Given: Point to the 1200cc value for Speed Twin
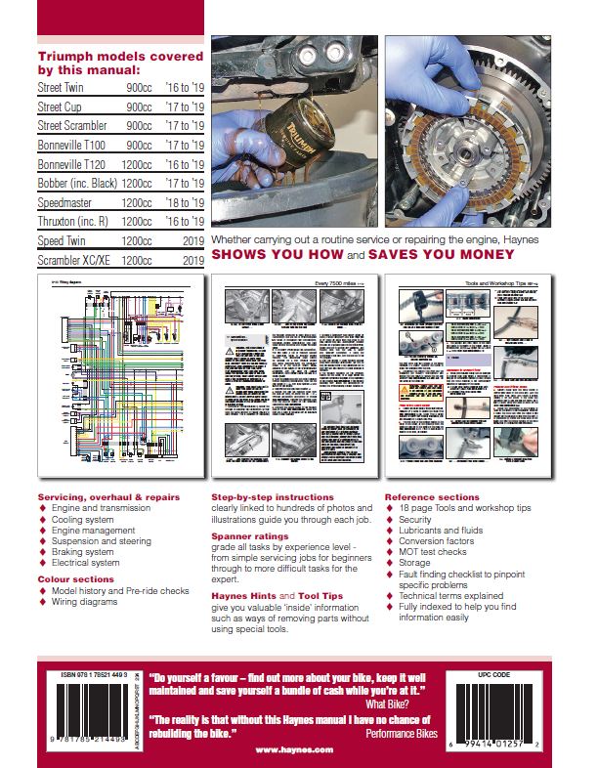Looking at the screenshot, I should point(136,239).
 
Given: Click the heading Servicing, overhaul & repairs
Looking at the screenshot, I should point(107,497).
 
